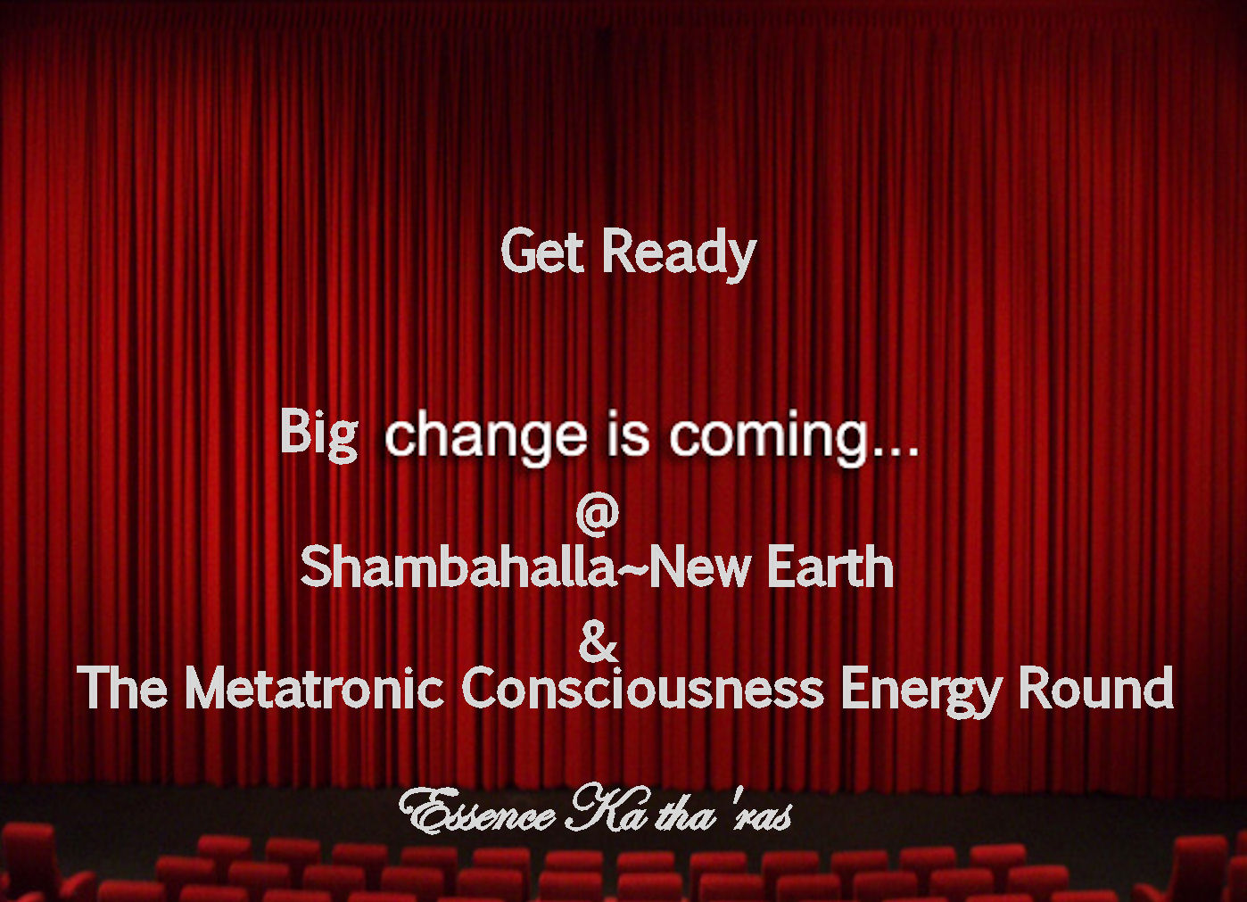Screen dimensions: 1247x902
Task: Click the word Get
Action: tap(543, 251)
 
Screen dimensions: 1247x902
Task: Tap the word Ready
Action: tap(680, 255)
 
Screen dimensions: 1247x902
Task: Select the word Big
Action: tap(319, 434)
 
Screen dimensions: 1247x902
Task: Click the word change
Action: tap(486, 438)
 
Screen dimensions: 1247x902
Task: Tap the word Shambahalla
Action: tap(458, 567)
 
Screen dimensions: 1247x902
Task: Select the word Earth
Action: tap(830, 567)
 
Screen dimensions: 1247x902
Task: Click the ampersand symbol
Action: tap(598, 642)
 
